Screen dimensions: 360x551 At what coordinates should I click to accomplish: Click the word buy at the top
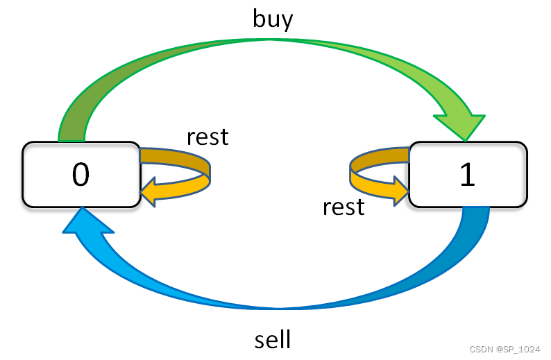point(273,19)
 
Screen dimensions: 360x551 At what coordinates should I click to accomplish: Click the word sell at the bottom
point(272,340)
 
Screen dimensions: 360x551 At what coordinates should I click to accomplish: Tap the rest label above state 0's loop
point(207,137)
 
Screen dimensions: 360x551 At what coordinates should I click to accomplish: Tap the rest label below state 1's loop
point(344,206)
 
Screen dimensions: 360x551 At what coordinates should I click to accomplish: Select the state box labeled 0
point(80,174)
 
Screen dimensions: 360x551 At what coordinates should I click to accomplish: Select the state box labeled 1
point(468,174)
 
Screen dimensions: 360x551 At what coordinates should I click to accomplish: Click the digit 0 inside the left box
point(80,175)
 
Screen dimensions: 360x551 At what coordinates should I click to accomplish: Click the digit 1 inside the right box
point(468,175)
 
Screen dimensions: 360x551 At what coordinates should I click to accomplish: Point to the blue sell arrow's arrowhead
point(87,226)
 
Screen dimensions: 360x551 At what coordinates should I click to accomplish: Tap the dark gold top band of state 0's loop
point(173,156)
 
